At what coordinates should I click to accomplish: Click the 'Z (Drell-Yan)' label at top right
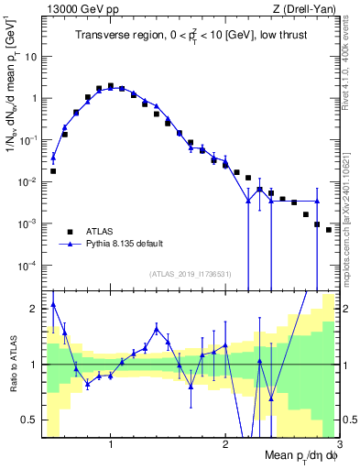[x=307, y=8]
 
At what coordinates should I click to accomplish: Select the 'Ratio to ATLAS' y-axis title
[x=13, y=365]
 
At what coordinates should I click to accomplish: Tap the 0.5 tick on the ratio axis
[x=29, y=420]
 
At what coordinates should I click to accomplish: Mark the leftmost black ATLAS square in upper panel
[x=53, y=171]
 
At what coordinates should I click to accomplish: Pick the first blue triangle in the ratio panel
[x=53, y=304]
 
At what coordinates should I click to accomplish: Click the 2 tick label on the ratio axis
[x=34, y=309]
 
